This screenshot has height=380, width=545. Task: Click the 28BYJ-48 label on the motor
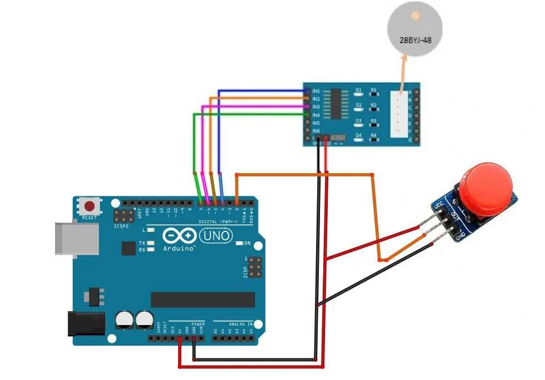416,39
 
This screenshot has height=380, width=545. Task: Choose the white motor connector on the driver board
398,114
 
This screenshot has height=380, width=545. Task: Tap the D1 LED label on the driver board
358,89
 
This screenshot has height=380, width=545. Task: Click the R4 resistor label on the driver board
373,135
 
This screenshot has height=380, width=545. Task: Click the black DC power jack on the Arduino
86,323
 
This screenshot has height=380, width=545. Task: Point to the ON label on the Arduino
247,243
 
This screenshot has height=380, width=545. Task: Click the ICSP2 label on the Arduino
121,226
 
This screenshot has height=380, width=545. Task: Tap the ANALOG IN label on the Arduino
241,323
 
